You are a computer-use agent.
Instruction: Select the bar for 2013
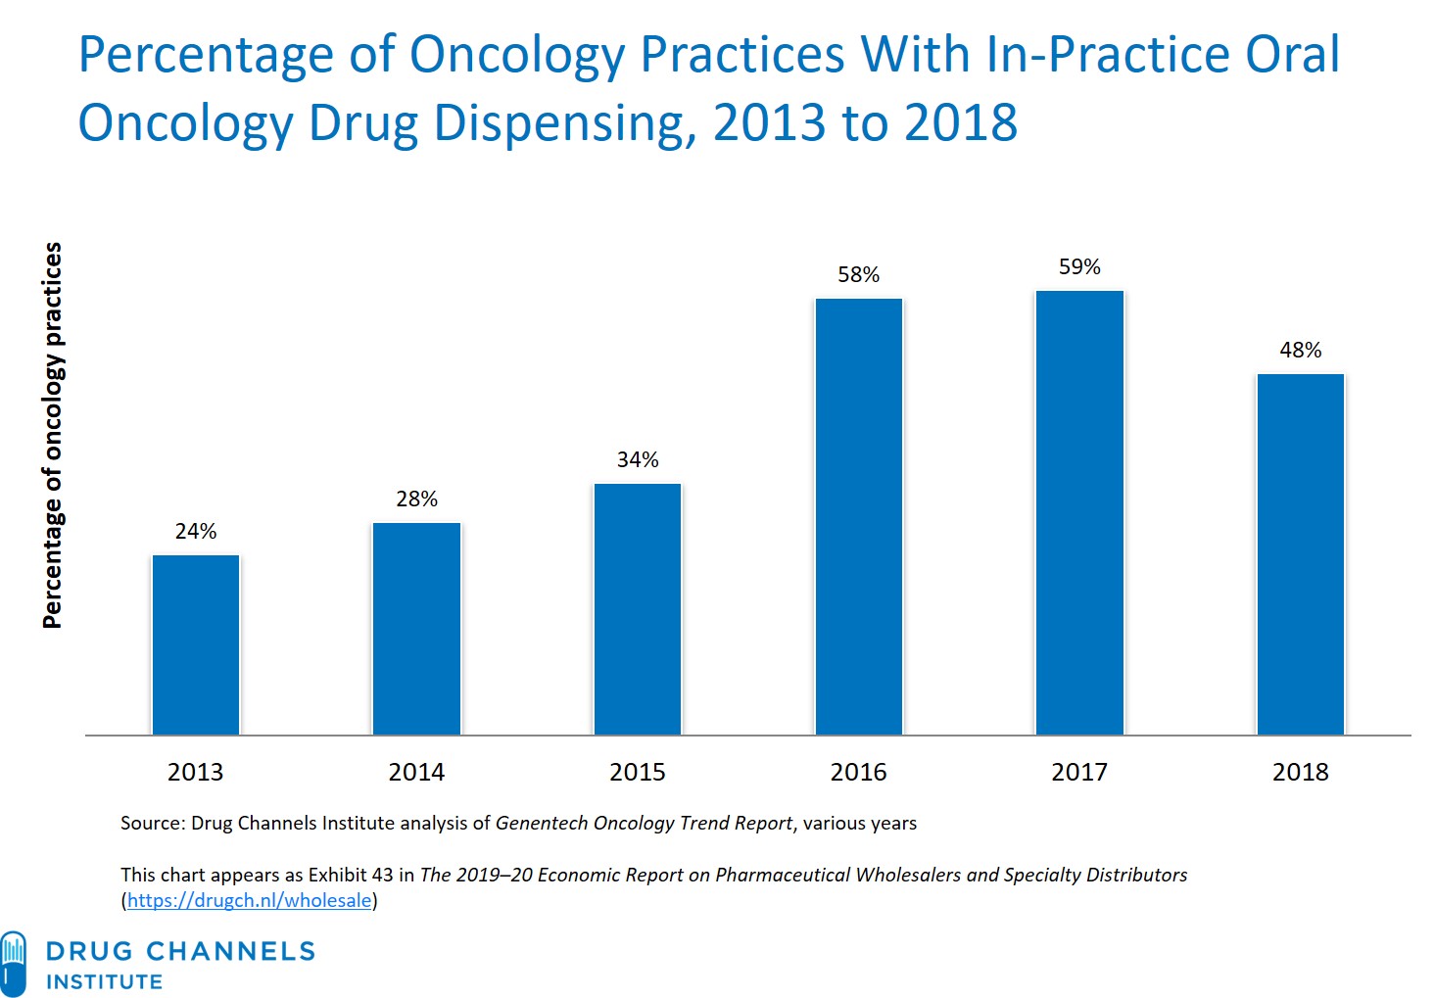pos(196,644)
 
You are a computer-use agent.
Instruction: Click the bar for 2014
pos(416,628)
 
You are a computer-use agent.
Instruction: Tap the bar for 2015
pos(638,608)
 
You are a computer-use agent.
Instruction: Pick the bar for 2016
pos(859,516)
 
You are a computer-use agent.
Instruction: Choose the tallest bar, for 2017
pos(1079,512)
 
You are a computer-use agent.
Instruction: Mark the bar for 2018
pos(1301,553)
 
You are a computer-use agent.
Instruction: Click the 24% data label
pos(196,531)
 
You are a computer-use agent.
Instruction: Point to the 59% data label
pos(1079,266)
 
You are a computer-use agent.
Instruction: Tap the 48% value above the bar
pos(1301,350)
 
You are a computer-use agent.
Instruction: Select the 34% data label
pos(638,459)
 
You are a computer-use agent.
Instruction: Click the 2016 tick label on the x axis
pos(859,772)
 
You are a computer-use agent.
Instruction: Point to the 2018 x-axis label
pos(1301,772)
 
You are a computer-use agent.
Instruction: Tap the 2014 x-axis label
pos(416,772)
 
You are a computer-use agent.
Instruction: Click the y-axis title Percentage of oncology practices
pos(52,435)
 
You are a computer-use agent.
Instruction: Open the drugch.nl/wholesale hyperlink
pos(249,900)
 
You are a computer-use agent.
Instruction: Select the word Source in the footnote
pos(152,823)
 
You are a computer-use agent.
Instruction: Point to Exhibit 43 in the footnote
pos(350,875)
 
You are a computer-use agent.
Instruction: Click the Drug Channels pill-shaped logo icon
pos(13,964)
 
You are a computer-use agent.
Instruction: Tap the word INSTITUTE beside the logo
pos(105,981)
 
